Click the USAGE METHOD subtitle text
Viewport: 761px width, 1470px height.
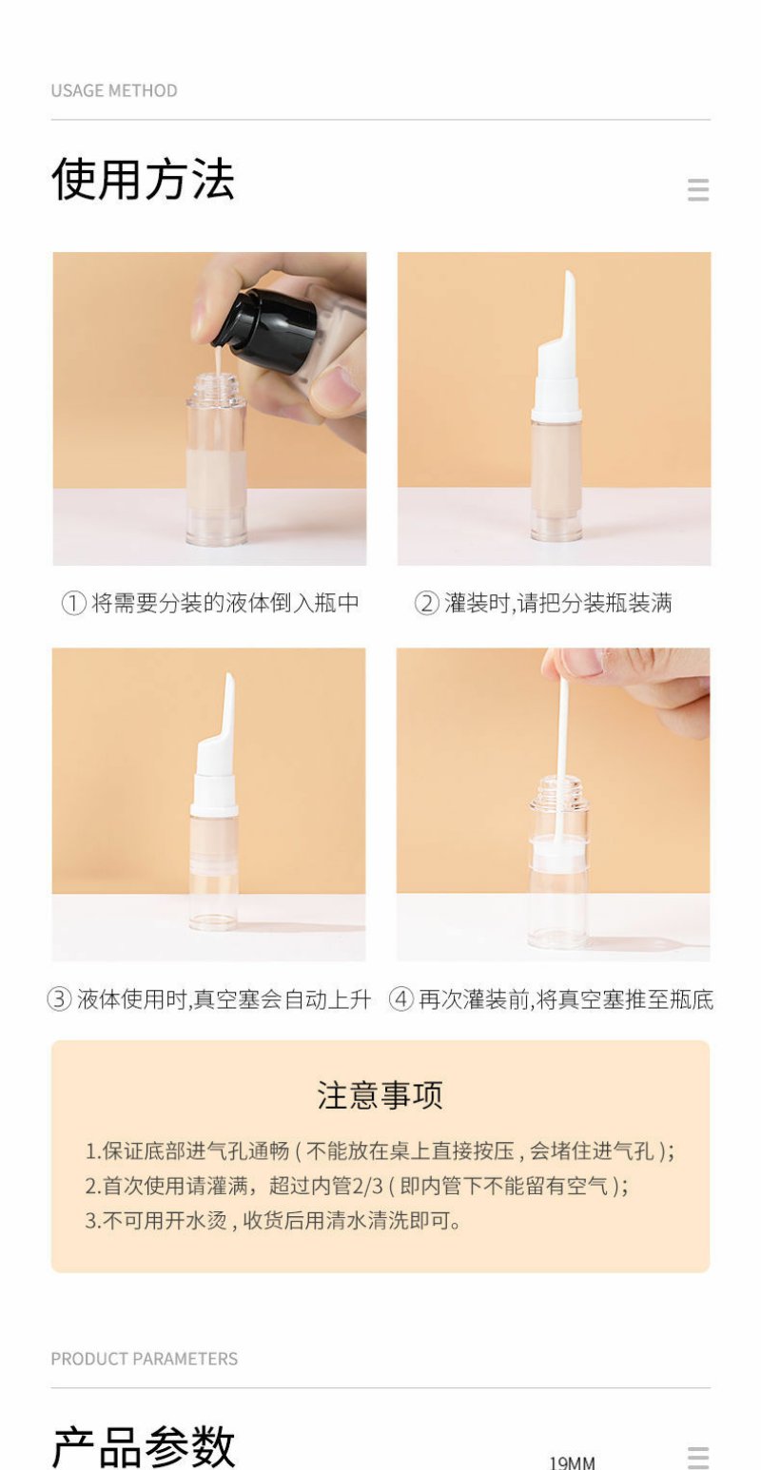(114, 90)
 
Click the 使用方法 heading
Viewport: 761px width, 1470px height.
(143, 179)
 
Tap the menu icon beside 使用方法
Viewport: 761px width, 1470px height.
(698, 189)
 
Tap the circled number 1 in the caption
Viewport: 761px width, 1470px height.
(73, 603)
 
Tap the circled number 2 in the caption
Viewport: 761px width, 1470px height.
(426, 603)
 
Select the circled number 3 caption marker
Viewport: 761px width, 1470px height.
(59, 998)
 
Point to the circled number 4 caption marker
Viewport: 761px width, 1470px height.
(400, 998)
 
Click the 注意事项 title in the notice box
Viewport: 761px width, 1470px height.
(380, 1094)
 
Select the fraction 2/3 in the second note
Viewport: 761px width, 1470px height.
(368, 1186)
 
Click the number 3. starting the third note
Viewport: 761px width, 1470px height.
(92, 1221)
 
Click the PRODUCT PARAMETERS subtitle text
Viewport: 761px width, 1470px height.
(145, 1359)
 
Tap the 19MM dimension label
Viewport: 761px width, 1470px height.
(572, 1462)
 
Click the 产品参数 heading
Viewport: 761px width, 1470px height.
(143, 1447)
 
